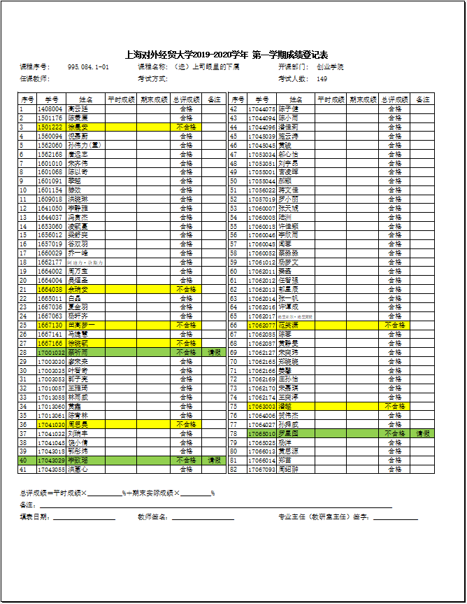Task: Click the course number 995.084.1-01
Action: point(88,66)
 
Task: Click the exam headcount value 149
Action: point(322,78)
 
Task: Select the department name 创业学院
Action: point(330,66)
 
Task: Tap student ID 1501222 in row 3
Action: point(50,127)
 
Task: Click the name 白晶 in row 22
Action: point(76,298)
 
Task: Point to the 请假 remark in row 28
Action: point(215,353)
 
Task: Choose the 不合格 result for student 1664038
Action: point(186,289)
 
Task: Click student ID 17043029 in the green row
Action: point(51,461)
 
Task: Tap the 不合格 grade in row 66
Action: point(395,325)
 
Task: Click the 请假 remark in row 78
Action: point(424,434)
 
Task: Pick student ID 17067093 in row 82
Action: point(261,470)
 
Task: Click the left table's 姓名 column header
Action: point(86,100)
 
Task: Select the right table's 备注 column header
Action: point(423,100)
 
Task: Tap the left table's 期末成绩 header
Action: point(154,100)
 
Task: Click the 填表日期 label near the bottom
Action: point(35,517)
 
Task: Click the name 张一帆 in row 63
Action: point(288,298)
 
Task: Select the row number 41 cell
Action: point(23,470)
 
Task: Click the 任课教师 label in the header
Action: point(34,78)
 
